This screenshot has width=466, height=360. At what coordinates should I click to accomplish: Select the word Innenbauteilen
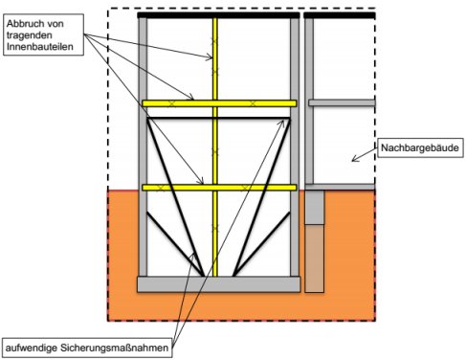pos(40,46)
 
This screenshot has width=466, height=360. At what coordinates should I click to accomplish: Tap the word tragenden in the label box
pos(30,35)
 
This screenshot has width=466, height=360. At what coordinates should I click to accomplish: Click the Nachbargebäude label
pos(420,147)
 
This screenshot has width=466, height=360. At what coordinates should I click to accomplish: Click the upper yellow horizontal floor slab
pos(219,103)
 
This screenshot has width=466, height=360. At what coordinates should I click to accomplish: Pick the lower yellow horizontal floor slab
pos(219,188)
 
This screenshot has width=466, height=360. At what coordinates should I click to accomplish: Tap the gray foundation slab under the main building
pos(219,284)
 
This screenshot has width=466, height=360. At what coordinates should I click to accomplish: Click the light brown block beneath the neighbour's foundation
pos(315,259)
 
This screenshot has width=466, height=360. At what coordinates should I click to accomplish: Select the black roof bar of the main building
pos(218,15)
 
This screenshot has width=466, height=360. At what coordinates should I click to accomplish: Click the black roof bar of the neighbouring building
pos(340,15)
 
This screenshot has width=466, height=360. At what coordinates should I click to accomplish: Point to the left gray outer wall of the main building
pos(143,146)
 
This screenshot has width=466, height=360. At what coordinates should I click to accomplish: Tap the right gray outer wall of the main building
pos(295,146)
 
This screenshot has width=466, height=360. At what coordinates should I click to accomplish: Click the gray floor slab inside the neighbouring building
pos(342,102)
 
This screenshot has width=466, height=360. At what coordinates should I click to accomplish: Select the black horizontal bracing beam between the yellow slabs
pos(218,119)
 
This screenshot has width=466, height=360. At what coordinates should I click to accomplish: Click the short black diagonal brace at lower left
pos(175,244)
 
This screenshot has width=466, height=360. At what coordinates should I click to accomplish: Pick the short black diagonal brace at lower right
pos(262,244)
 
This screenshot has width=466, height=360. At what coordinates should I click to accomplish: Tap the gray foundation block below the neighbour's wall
pos(315,207)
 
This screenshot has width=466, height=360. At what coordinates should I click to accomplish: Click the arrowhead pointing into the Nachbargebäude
pos(354,159)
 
